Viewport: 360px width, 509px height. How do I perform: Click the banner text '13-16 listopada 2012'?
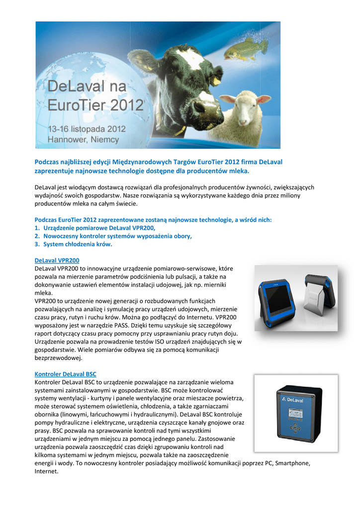pyautogui.click(x=87, y=129)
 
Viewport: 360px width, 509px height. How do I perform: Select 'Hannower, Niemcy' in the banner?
pyautogui.click(x=83, y=140)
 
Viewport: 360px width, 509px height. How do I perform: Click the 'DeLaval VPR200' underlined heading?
pyautogui.click(x=57, y=260)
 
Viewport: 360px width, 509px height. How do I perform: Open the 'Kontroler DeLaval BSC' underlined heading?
pyautogui.click(x=66, y=374)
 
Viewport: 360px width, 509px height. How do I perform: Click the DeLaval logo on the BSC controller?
pyautogui.click(x=294, y=399)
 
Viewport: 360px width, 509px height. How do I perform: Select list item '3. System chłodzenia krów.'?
pyautogui.click(x=74, y=245)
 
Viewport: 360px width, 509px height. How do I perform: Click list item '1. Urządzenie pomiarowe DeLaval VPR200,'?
pyautogui.click(x=95, y=228)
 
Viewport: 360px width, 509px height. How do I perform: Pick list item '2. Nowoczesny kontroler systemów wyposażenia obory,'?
pyautogui.click(x=113, y=236)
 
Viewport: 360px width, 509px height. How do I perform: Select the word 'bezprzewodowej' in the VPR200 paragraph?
pyautogui.click(x=59, y=358)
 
